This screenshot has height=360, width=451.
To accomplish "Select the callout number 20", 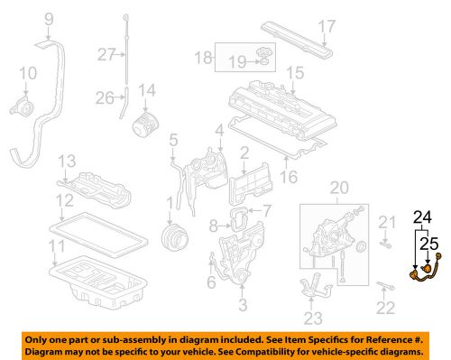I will (x=338, y=188).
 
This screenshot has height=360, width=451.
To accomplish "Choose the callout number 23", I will (x=313, y=317).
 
